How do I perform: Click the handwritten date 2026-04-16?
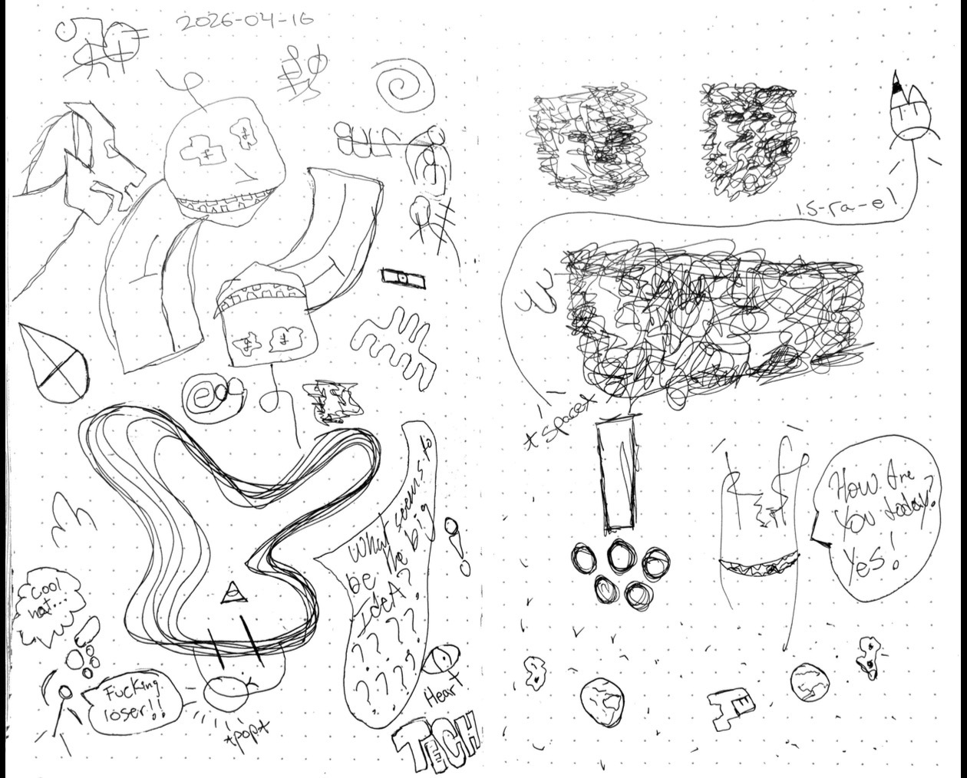[244, 20]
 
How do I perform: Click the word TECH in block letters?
[437, 741]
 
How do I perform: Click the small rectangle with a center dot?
[402, 277]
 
